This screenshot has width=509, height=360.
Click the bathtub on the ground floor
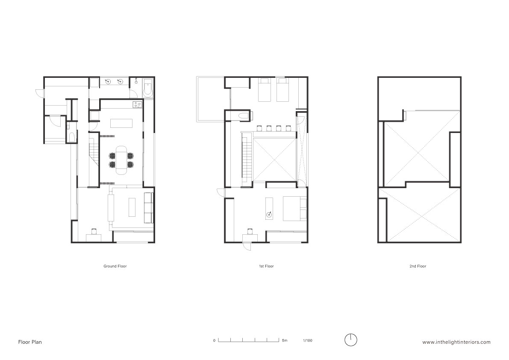[147, 88]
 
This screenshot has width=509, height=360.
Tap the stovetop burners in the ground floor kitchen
[137, 104]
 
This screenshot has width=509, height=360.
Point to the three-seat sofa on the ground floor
[148, 208]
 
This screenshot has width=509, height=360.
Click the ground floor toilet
[71, 138]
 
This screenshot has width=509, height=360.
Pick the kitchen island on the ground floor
[122, 124]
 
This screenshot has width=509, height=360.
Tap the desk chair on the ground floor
[94, 231]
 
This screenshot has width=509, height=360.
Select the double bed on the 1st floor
[294, 208]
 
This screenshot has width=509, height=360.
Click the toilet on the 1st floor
[242, 115]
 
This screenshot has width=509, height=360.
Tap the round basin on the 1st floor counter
[269, 214]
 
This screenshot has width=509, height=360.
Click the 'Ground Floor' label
[115, 266]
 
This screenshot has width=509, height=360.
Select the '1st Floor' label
[266, 266]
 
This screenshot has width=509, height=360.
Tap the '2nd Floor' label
[418, 266]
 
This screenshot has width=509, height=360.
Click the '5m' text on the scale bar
[285, 340]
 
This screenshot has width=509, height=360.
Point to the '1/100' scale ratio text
[307, 340]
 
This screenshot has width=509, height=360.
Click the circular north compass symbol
[350, 340]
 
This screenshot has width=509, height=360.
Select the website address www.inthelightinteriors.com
[456, 342]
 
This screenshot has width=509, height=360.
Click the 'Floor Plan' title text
[30, 342]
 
